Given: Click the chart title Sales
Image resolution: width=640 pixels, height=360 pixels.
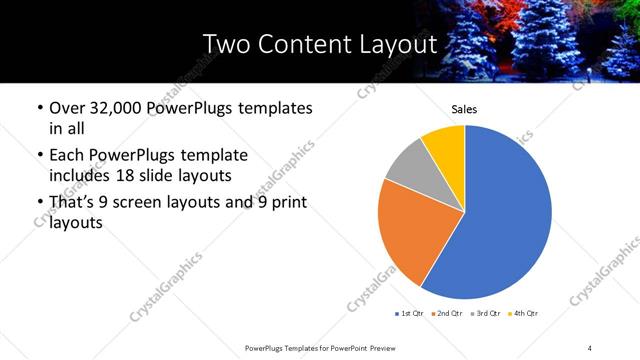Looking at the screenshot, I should [x=465, y=110].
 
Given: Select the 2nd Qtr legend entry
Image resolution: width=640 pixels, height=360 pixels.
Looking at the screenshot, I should [x=449, y=314].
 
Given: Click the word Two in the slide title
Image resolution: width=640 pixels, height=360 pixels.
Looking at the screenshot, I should [x=226, y=45].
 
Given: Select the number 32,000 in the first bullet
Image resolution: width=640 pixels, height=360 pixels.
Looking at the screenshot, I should [x=116, y=108].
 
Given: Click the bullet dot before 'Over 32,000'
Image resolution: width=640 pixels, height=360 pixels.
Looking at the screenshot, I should [x=39, y=108].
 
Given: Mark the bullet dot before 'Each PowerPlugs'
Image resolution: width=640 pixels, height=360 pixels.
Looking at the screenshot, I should [x=39, y=156].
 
